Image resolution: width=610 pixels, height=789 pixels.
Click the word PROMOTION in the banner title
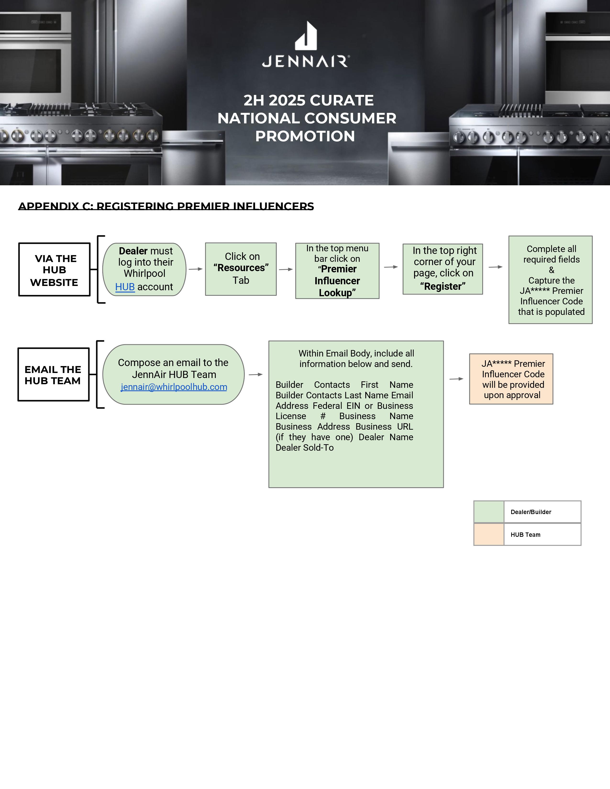(x=305, y=136)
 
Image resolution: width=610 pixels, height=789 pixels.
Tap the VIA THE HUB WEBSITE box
(x=54, y=269)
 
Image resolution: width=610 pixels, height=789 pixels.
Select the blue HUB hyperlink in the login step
(x=125, y=287)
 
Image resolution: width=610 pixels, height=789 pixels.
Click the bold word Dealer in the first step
(x=133, y=251)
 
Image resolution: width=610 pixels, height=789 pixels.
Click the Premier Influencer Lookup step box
(x=337, y=271)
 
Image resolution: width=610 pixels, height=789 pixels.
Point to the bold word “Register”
(x=443, y=286)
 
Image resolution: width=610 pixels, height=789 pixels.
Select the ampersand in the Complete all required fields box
(x=551, y=270)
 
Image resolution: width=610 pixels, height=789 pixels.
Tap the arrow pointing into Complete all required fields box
(x=495, y=267)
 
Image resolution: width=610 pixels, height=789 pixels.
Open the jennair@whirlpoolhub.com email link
(x=174, y=387)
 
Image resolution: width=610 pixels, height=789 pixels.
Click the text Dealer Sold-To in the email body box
(x=305, y=448)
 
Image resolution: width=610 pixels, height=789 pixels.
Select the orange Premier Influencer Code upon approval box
(x=511, y=379)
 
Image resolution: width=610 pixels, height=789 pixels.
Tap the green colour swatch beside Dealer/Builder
(x=488, y=512)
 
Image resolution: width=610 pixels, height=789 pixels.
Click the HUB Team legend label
(x=526, y=535)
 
